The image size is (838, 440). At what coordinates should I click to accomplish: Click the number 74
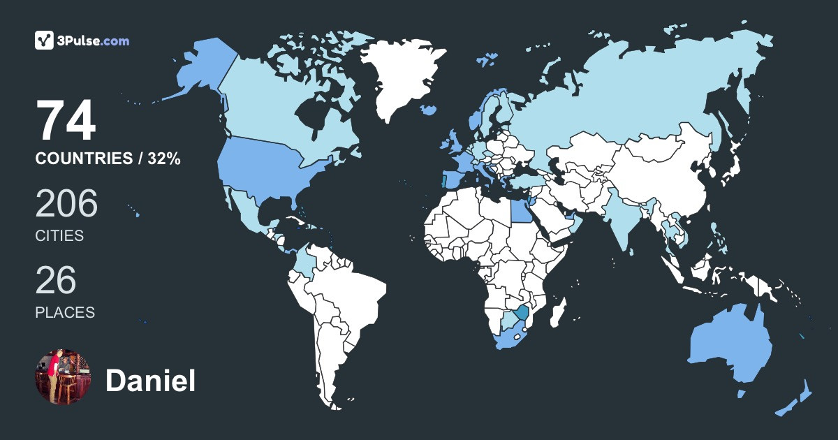[66, 122]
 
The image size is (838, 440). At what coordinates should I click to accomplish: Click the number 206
[66, 204]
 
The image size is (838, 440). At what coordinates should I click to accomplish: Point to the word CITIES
[59, 236]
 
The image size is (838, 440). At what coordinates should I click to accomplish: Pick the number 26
[55, 280]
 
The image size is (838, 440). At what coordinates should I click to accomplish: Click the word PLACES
[65, 312]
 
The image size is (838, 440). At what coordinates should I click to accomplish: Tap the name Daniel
[150, 381]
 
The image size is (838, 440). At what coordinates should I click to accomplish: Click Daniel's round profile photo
[63, 377]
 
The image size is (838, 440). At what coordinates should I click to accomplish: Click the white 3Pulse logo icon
[45, 41]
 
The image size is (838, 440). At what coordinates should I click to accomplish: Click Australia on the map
[730, 346]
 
